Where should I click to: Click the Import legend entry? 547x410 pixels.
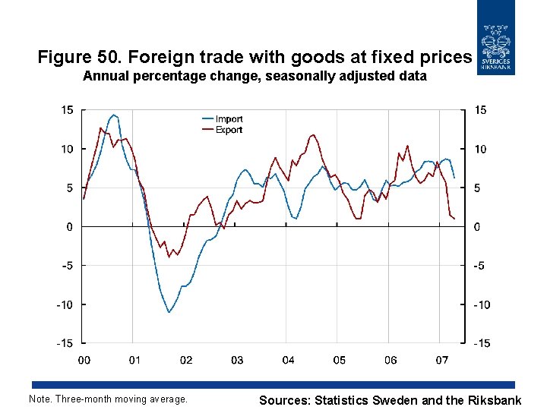pyautogui.click(x=229, y=119)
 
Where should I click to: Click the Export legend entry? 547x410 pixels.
pyautogui.click(x=229, y=130)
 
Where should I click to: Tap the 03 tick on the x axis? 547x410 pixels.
pyautogui.click(x=237, y=360)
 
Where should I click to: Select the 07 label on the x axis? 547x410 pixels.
pyautogui.click(x=441, y=360)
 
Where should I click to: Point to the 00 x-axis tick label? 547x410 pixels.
pyautogui.click(x=84, y=360)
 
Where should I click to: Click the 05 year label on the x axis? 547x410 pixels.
pyautogui.click(x=339, y=360)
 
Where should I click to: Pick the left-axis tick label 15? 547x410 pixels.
pyautogui.click(x=67, y=110)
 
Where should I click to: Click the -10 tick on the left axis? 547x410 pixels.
pyautogui.click(x=65, y=304)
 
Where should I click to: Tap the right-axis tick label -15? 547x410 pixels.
pyautogui.click(x=481, y=343)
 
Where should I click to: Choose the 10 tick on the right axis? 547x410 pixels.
pyautogui.click(x=480, y=150)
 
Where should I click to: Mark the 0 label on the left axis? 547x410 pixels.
pyautogui.click(x=70, y=227)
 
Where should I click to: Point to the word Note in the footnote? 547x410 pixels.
pyautogui.click(x=39, y=399)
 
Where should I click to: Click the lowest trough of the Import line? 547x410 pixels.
pyautogui.click(x=169, y=312)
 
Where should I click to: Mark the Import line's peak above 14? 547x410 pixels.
pyautogui.click(x=113, y=115)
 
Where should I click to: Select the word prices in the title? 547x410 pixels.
pyautogui.click(x=448, y=57)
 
